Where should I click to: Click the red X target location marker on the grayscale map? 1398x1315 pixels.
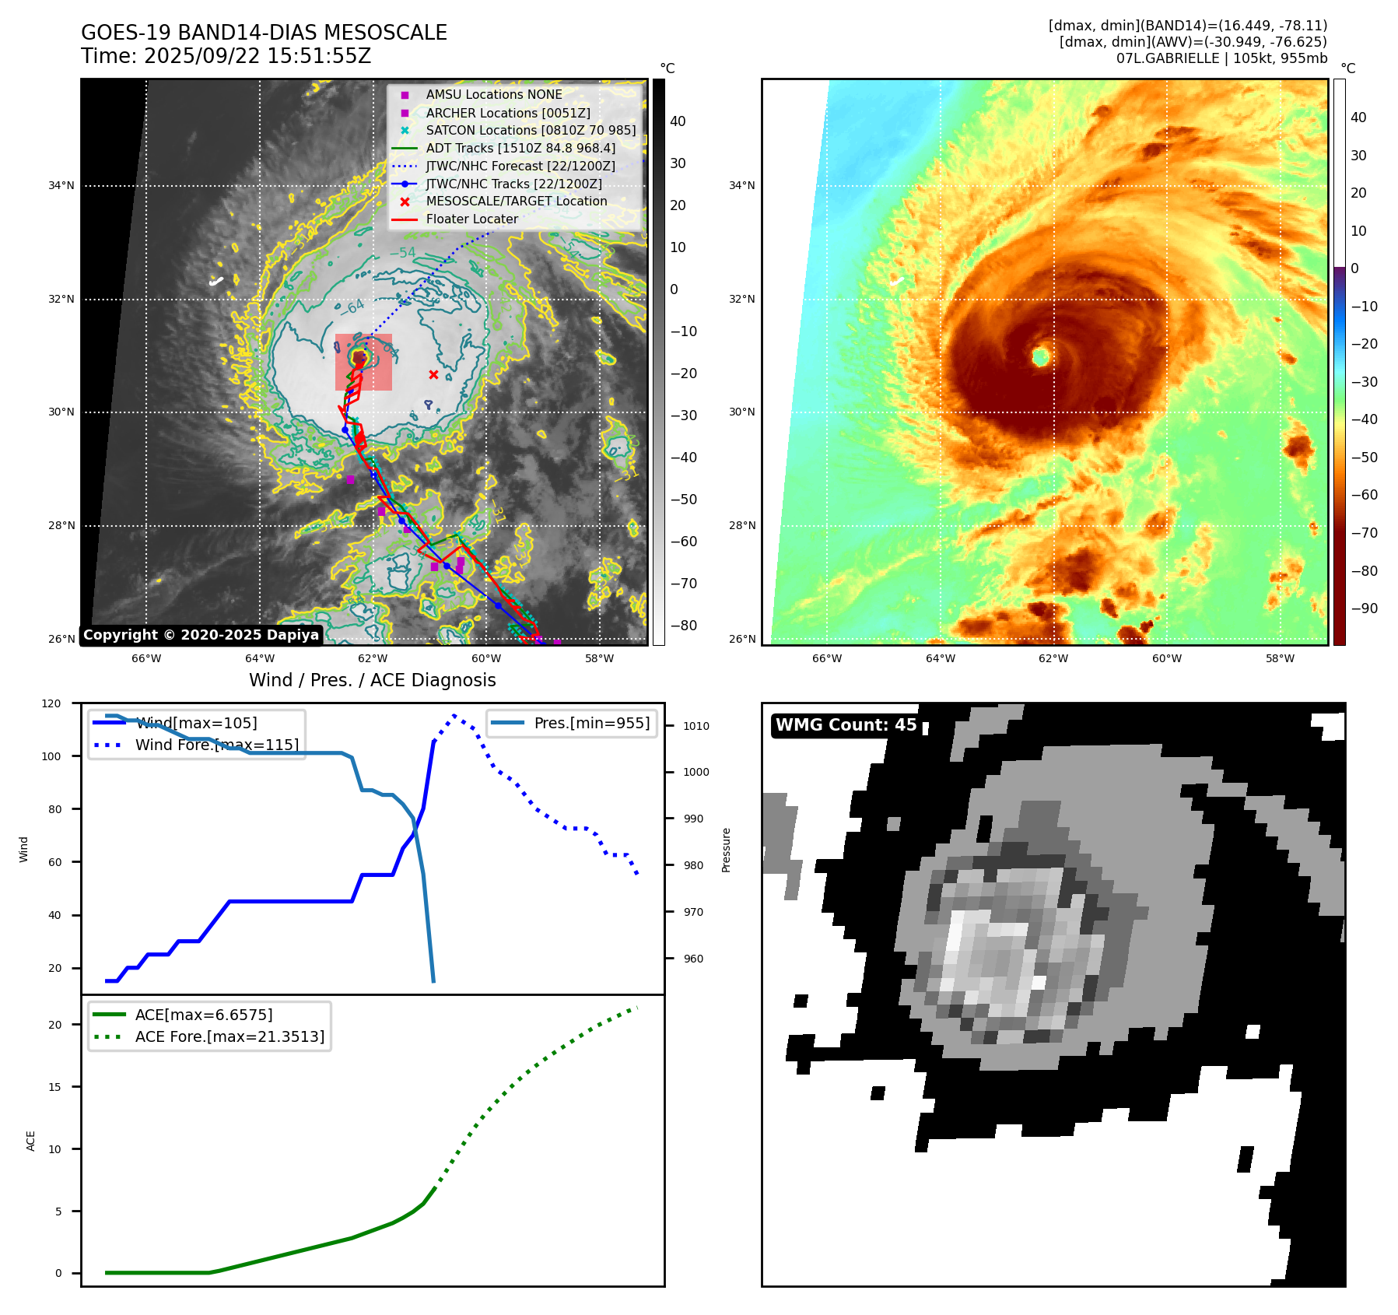[433, 375]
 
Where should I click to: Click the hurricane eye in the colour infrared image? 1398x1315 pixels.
[1041, 356]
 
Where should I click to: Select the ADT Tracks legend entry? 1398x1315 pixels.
[520, 148]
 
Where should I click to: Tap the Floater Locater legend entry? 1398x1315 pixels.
[471, 219]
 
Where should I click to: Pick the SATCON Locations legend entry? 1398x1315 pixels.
[530, 130]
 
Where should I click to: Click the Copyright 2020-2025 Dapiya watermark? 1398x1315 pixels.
[201, 635]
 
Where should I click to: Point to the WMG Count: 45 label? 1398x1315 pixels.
[846, 725]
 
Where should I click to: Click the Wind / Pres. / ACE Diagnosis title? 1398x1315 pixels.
[372, 680]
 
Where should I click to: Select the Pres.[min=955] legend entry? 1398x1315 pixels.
[591, 723]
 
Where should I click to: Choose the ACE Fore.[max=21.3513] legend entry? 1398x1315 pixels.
[229, 1036]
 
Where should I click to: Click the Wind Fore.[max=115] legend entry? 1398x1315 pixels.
[216, 745]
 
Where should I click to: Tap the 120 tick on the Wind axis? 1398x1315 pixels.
[51, 703]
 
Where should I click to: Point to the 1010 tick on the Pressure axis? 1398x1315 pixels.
[696, 726]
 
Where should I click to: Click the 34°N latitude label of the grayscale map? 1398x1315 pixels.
[61, 186]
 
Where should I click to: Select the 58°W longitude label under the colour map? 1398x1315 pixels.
[1280, 658]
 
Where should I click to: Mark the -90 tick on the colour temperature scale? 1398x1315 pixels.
[1364, 608]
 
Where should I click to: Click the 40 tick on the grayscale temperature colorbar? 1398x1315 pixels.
[678, 121]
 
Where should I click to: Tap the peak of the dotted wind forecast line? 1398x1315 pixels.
[454, 715]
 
